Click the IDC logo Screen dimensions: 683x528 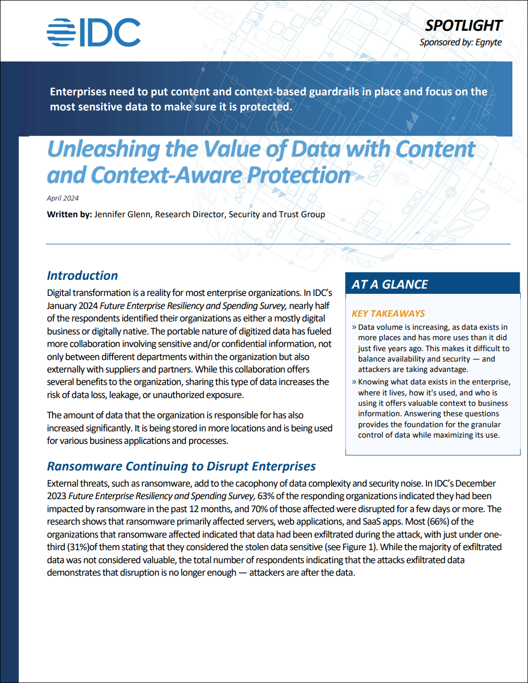[x=94, y=32]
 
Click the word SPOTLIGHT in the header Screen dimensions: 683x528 [x=463, y=26]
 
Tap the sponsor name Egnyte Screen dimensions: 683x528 [x=488, y=42]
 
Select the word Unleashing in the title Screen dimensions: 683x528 [x=103, y=149]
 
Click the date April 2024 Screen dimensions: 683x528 [x=62, y=198]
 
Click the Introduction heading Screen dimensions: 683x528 [x=82, y=276]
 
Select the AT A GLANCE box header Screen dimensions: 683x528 [x=389, y=284]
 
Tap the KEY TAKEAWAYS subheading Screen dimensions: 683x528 [x=388, y=314]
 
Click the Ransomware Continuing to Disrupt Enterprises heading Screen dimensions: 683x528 [x=181, y=466]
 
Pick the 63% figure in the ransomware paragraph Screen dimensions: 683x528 [x=266, y=496]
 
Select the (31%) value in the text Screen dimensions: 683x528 [x=78, y=547]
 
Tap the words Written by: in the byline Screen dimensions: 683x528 [x=69, y=214]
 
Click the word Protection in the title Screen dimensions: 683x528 [x=299, y=175]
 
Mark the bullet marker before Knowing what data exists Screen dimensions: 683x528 [x=354, y=382]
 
